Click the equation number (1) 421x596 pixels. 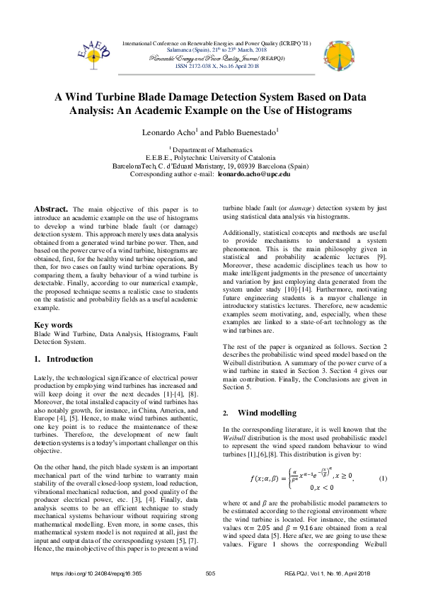(x=383, y=478)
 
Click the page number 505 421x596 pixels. (x=209, y=573)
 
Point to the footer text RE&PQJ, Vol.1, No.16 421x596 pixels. (x=333, y=573)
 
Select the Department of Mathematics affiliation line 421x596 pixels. (x=211, y=150)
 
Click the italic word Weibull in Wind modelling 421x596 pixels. (x=233, y=439)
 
